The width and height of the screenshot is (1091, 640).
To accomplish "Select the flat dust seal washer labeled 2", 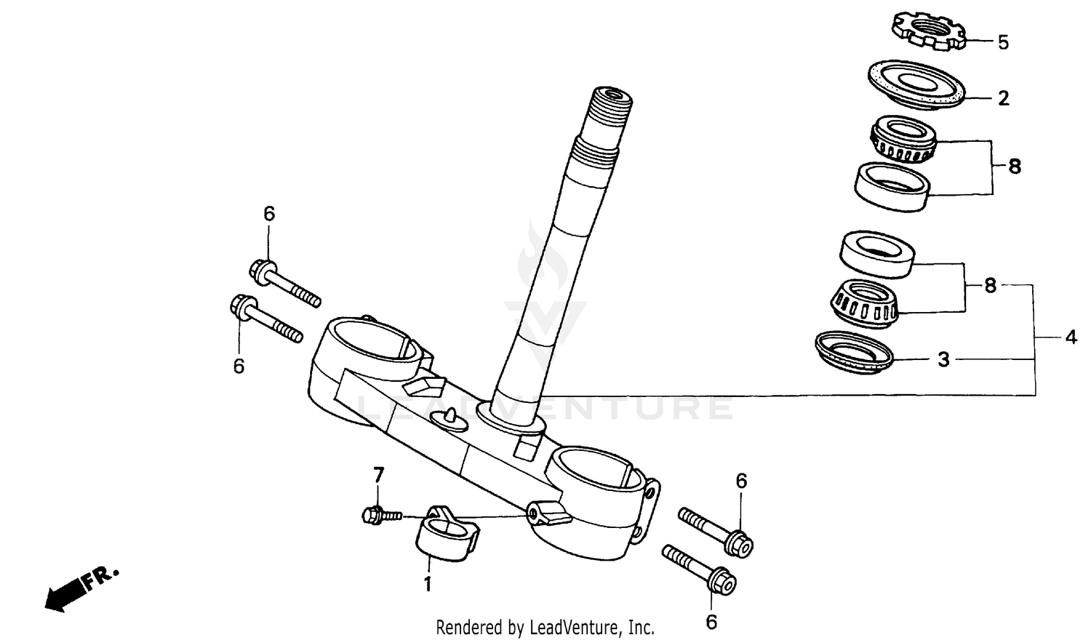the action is coord(916,85).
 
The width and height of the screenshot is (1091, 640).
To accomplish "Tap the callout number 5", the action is coord(1003,42).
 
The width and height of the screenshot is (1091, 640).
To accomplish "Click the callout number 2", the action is coord(1004,98).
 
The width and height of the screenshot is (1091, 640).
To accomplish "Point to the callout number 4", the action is coord(1071,337).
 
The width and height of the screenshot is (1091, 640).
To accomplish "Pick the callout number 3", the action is coord(943,359).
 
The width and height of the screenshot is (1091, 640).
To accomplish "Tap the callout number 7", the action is coord(378,476).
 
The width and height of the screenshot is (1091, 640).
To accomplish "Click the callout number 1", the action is coord(428,583).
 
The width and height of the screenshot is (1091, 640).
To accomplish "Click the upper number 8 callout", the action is coord(1015,167).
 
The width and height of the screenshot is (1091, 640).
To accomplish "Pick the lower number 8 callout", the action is coord(990,286).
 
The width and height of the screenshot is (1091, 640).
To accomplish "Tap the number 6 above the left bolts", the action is coord(269,214).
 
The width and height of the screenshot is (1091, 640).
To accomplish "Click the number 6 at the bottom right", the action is coord(711,622).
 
